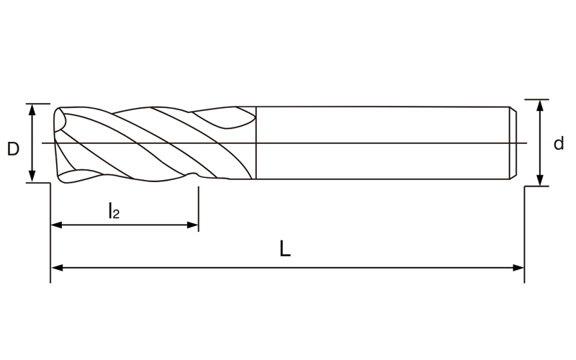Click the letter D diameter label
(x=13, y=149)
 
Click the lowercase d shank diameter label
(x=559, y=143)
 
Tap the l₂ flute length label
(x=114, y=211)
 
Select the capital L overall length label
(x=285, y=248)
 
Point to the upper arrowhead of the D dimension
(x=32, y=110)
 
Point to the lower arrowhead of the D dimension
(x=32, y=176)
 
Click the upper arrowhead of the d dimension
(x=539, y=106)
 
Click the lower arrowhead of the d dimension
(x=539, y=180)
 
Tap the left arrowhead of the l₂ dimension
(x=57, y=225)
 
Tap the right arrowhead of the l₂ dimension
(x=192, y=225)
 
